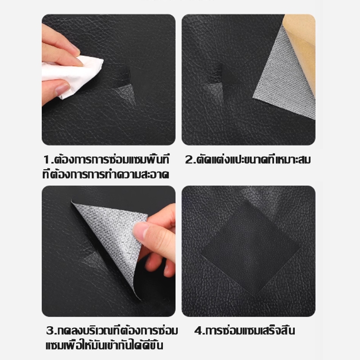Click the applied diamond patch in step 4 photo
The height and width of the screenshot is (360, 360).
(250, 250)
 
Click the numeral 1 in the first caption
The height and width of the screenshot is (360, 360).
(47, 160)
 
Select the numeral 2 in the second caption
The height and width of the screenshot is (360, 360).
(189, 160)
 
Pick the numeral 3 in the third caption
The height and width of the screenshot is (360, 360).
(50, 331)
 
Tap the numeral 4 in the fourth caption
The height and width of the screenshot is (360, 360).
(198, 331)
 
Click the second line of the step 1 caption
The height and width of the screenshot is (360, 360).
(106, 175)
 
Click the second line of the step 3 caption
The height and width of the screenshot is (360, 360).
(104, 346)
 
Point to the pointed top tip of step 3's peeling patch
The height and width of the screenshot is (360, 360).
(72, 201)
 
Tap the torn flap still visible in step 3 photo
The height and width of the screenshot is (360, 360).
(92, 260)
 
